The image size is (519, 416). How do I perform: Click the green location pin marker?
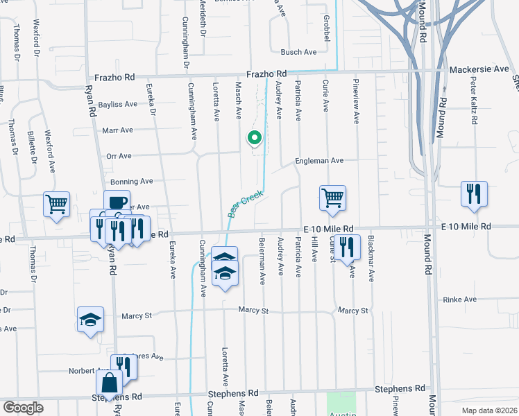point(254,139)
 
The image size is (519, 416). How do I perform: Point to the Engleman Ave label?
point(319,160)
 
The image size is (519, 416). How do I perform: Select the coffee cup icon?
point(117,202)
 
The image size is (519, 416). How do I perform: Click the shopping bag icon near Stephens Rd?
point(110,382)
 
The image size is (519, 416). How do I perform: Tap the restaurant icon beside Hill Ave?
point(346,246)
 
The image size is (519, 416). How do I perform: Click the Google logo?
point(23,408)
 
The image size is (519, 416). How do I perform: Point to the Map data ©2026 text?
point(489,410)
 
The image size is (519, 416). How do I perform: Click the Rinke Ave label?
point(460,299)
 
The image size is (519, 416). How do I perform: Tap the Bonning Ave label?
point(131,181)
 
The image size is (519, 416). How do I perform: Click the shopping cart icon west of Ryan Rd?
point(56,204)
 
